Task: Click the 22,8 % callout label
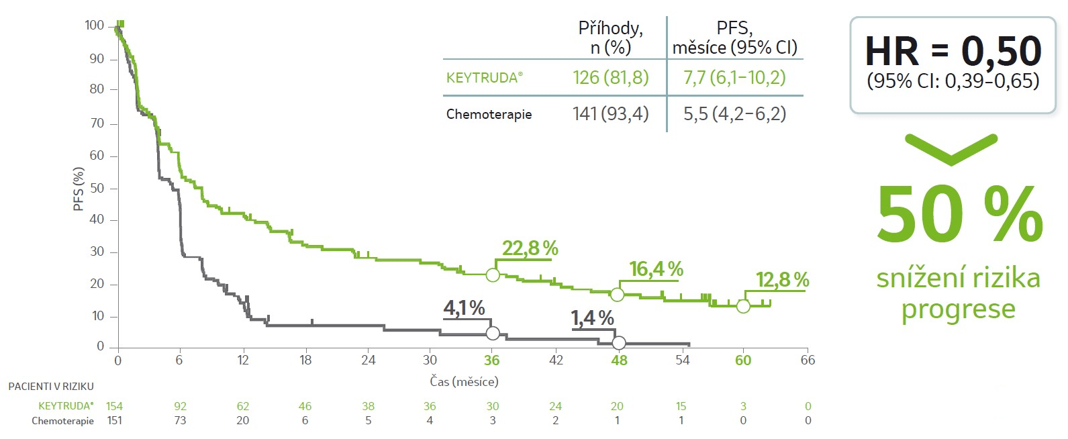tap(530, 248)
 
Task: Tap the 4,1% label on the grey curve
tap(464, 308)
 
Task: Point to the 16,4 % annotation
tap(656, 269)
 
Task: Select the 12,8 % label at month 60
tap(782, 280)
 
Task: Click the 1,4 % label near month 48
tap(592, 318)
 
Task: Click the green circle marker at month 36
tap(493, 275)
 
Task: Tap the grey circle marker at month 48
tap(619, 343)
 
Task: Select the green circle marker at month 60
tap(743, 306)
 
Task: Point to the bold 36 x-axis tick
tap(492, 360)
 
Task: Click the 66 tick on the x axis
tap(808, 360)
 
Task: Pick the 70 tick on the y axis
tap(97, 124)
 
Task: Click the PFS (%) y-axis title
tap(79, 189)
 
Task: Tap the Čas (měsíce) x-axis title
tap(464, 382)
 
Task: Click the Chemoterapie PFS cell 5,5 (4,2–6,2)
tap(734, 114)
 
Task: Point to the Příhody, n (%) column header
tap(610, 38)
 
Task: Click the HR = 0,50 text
tap(953, 51)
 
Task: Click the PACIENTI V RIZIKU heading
tap(51, 387)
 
